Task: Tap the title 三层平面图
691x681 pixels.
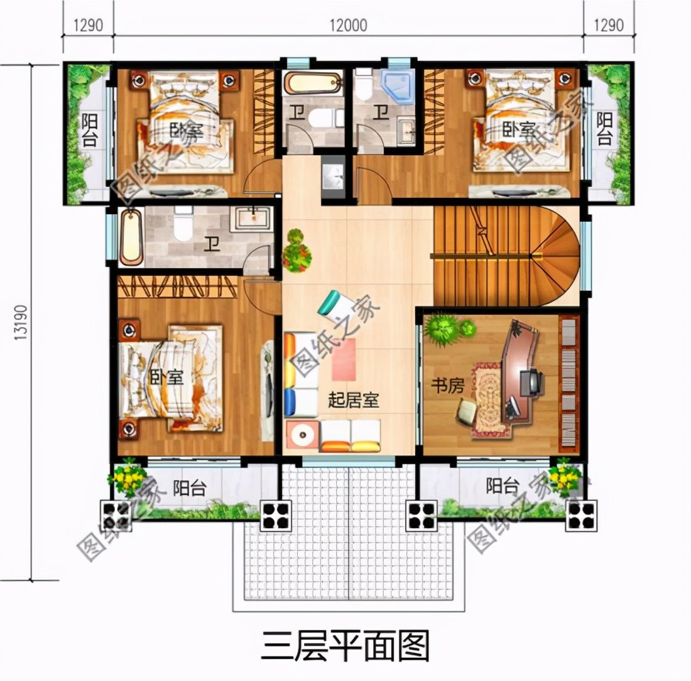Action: (345, 645)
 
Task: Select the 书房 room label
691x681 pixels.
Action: (447, 385)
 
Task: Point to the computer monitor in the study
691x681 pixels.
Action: (531, 381)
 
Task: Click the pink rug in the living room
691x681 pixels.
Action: (344, 359)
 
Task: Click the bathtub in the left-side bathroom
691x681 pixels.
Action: (131, 237)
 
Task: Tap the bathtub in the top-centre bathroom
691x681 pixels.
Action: (312, 84)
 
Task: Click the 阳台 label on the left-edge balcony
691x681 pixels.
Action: (89, 130)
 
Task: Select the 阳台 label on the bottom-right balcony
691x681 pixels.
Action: (503, 485)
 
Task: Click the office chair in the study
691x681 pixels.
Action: (468, 411)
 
